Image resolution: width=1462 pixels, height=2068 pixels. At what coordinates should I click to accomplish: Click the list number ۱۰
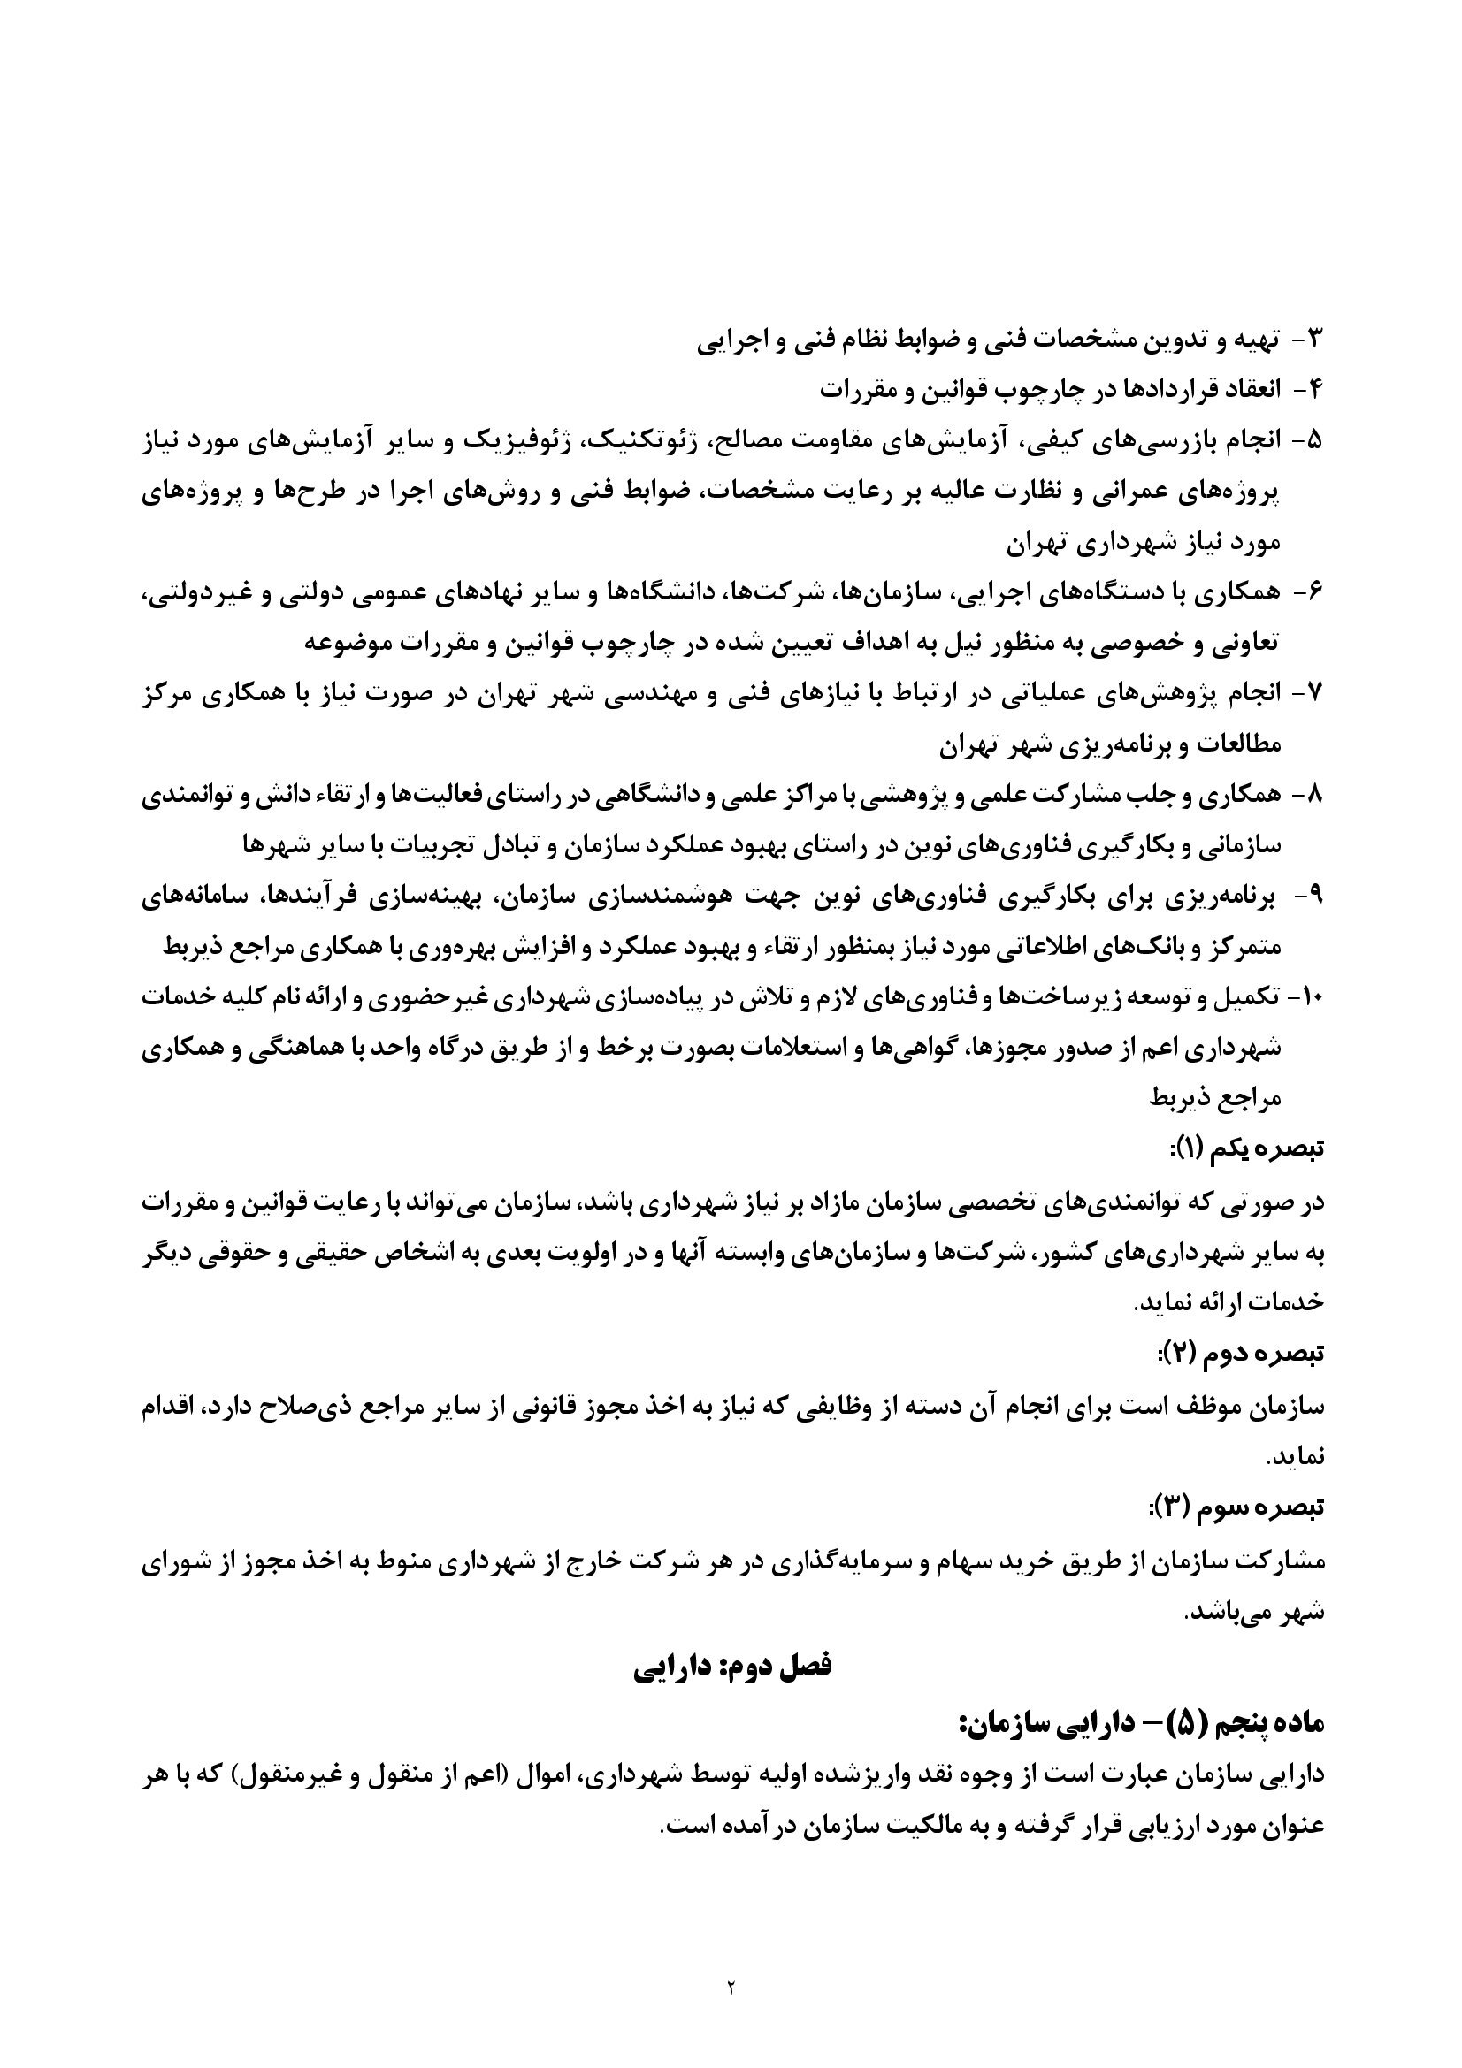pos(1306,997)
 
